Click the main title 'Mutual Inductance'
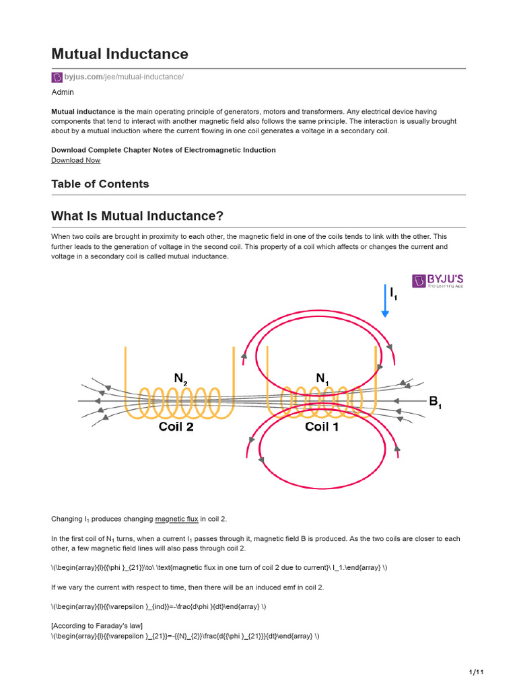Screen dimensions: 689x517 pyautogui.click(x=120, y=54)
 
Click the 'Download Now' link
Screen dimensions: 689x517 pyautogui.click(x=75, y=160)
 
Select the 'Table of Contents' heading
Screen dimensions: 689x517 pyautogui.click(x=100, y=184)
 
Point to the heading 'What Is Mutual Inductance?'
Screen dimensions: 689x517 pyautogui.click(x=137, y=216)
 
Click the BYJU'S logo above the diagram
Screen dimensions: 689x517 pyautogui.click(x=438, y=281)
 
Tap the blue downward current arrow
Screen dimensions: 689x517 pyautogui.click(x=385, y=301)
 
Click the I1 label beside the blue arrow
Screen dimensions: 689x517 pyautogui.click(x=394, y=293)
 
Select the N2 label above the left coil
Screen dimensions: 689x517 pyautogui.click(x=180, y=379)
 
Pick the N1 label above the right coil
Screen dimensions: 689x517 pyautogui.click(x=323, y=379)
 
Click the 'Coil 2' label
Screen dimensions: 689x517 pyautogui.click(x=176, y=427)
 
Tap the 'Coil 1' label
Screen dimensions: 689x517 pyautogui.click(x=322, y=427)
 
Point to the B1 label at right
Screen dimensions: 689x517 pyautogui.click(x=435, y=402)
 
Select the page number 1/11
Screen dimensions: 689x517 pyautogui.click(x=476, y=672)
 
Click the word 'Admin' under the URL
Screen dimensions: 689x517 pyautogui.click(x=63, y=92)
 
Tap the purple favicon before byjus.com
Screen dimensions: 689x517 pyautogui.click(x=57, y=77)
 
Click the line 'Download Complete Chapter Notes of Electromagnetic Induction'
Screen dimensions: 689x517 pyautogui.click(x=163, y=150)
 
